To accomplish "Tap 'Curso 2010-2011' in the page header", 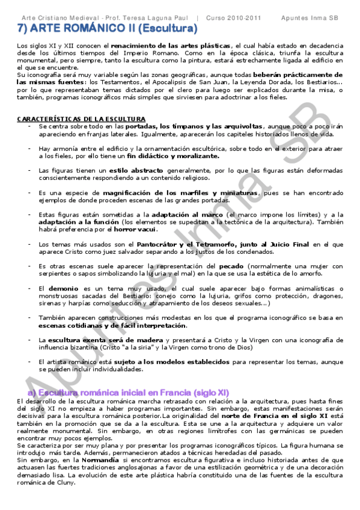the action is coord(234,18).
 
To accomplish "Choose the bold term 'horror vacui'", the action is coord(136,229).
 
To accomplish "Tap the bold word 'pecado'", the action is coord(231,266).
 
